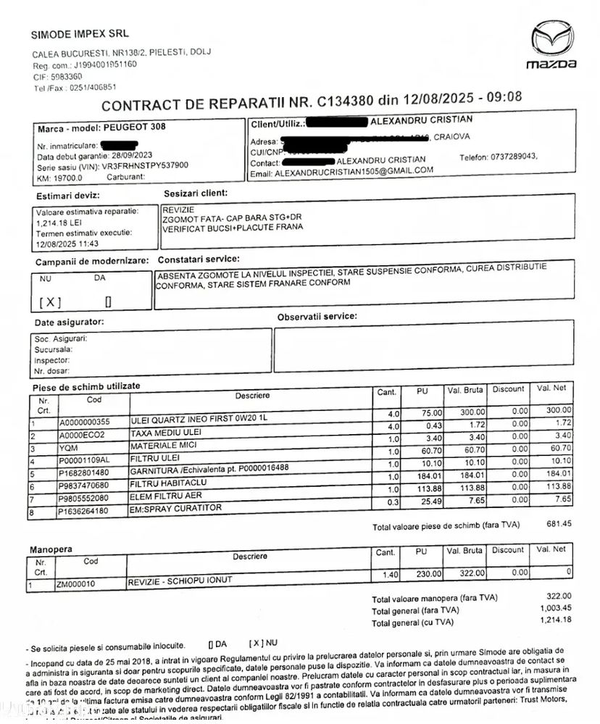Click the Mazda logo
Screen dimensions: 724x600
coord(551,45)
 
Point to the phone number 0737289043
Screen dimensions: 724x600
coord(510,157)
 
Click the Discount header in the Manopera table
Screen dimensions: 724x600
coord(508,550)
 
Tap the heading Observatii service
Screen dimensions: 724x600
coord(317,317)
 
